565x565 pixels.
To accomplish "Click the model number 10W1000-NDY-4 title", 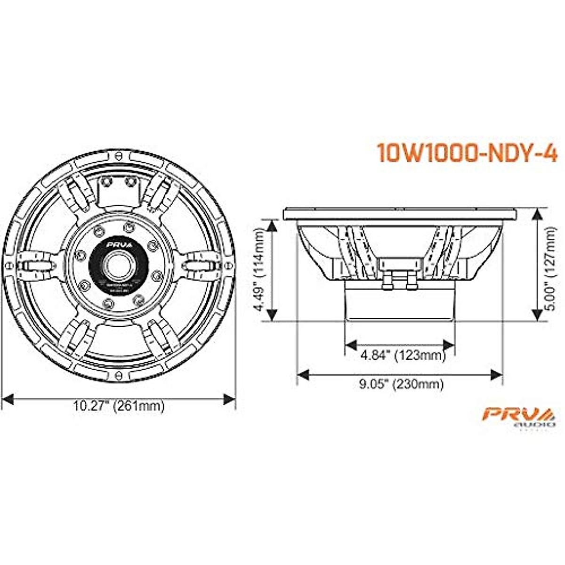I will click(x=467, y=153).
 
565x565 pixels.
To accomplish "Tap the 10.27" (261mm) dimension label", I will click(x=119, y=406).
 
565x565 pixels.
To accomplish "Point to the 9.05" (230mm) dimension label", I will click(x=401, y=384).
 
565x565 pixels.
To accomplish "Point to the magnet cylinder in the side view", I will click(x=400, y=304).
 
